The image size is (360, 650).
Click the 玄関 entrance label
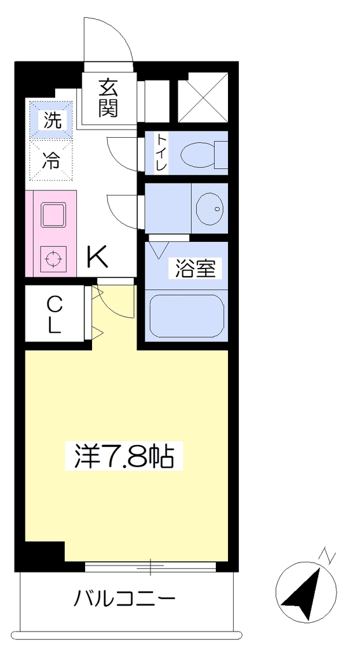click(108, 98)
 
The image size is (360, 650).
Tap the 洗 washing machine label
click(52, 121)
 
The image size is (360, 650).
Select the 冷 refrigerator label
click(52, 160)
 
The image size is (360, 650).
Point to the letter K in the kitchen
click(97, 257)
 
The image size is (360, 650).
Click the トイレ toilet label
click(161, 152)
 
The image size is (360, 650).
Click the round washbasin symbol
click(210, 208)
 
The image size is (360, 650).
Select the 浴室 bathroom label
click(196, 269)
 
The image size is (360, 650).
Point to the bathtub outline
click(187, 316)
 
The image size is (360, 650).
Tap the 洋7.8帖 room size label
click(124, 455)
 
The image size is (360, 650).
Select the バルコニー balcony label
click(124, 598)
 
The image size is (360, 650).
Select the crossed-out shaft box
click(203, 97)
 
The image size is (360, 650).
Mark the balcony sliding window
click(150, 566)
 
